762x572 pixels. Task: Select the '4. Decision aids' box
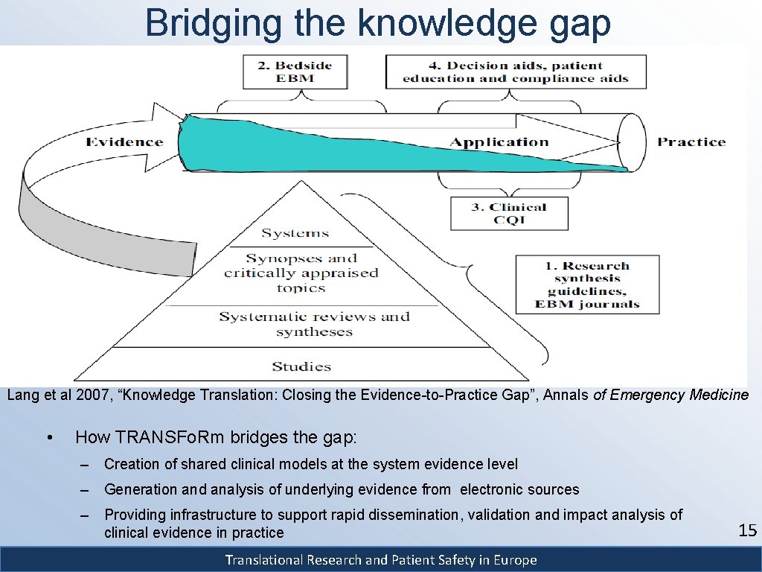[x=515, y=72]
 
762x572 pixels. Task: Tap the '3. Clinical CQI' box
[x=509, y=214]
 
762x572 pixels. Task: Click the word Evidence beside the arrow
[x=124, y=142]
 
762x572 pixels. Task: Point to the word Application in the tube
[x=499, y=142]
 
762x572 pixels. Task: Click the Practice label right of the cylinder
[x=691, y=142]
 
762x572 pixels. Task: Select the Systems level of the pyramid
[x=295, y=234]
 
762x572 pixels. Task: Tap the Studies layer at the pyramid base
[x=301, y=366]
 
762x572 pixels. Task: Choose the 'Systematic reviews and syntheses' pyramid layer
[x=314, y=324]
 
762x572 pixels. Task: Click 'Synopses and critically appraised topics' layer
[x=301, y=273]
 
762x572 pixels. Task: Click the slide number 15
[x=747, y=531]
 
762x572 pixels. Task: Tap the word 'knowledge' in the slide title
[x=446, y=22]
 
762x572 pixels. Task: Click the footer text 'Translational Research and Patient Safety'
[x=381, y=560]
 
